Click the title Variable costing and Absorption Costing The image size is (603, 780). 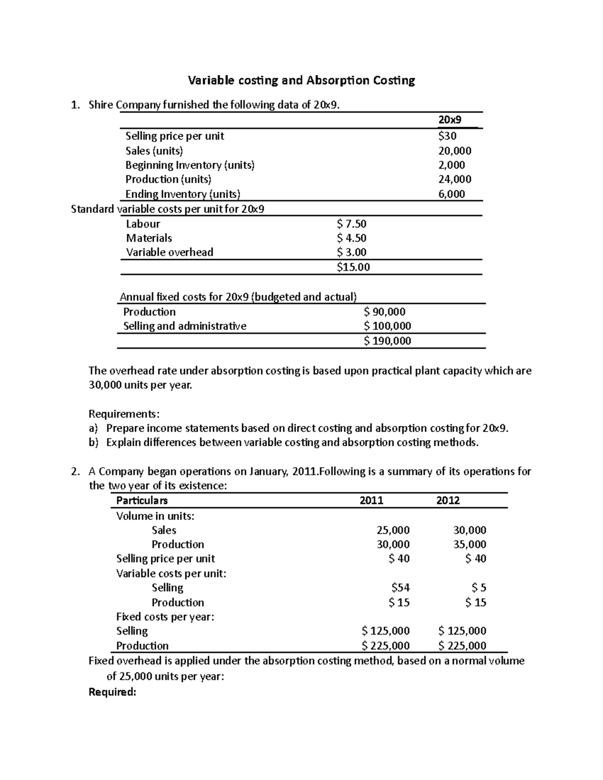pos(301,80)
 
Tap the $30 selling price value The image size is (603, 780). pos(447,136)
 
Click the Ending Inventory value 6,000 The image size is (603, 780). pos(451,194)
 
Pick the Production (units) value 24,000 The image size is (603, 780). pos(454,179)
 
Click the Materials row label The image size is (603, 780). pos(149,238)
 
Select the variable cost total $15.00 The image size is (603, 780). pos(353,267)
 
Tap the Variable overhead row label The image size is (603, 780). pos(169,252)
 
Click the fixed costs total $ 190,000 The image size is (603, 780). pos(387,341)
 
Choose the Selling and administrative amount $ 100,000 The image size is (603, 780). pos(387,326)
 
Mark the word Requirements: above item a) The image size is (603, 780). pos(124,414)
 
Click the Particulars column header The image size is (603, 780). pos(142,501)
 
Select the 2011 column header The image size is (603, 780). pos(371,501)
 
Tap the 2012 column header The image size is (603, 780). pos(448,501)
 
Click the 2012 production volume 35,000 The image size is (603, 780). pos(469,544)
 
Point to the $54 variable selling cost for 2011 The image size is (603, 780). pos(400,588)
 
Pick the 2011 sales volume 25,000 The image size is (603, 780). pos(393,530)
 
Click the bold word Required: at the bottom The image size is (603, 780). pos(112,692)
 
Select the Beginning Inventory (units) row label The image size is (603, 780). pos(189,165)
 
